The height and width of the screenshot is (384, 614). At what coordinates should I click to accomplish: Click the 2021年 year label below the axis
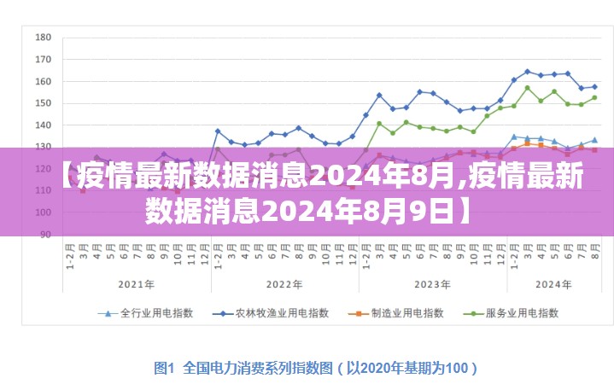pyautogui.click(x=136, y=284)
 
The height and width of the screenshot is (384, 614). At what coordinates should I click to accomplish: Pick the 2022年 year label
pyautogui.click(x=284, y=284)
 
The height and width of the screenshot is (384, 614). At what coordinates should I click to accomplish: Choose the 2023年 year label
pyautogui.click(x=432, y=284)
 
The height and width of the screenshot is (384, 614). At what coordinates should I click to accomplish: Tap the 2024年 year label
pyautogui.click(x=553, y=284)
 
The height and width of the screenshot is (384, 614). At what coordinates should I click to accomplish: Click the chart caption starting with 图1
pyautogui.click(x=315, y=368)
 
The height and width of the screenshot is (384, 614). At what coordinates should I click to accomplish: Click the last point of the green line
pyautogui.click(x=594, y=97)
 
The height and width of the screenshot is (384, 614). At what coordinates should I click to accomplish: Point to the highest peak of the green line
pyautogui.click(x=528, y=88)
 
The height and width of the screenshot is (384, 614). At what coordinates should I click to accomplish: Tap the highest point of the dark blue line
pyautogui.click(x=528, y=72)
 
